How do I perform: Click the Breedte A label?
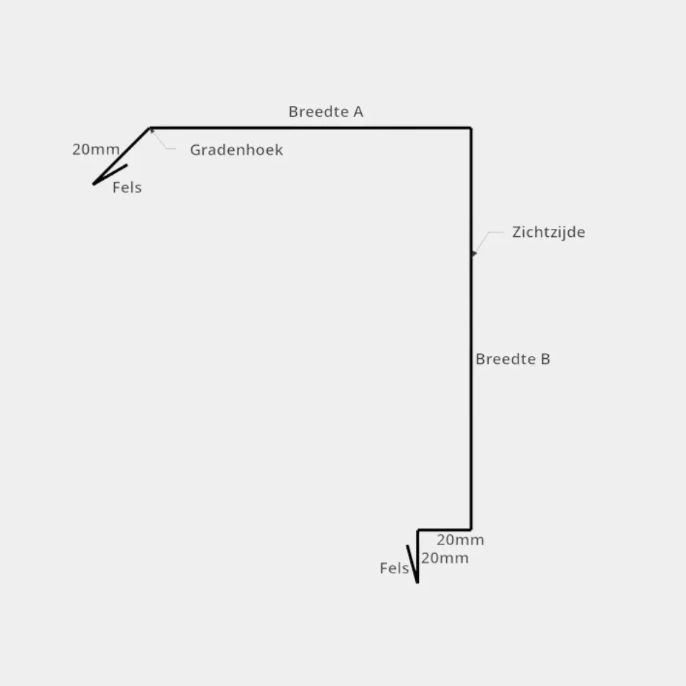pyautogui.click(x=326, y=112)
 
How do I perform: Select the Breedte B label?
pyautogui.click(x=513, y=359)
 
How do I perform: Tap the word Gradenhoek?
pyautogui.click(x=236, y=150)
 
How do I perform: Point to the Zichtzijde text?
pyautogui.click(x=548, y=233)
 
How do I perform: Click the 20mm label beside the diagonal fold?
pyautogui.click(x=95, y=150)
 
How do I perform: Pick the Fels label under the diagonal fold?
pyautogui.click(x=127, y=188)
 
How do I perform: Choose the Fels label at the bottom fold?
pyautogui.click(x=394, y=568)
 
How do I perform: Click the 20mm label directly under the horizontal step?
pyautogui.click(x=445, y=558)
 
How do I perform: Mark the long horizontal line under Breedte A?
pyautogui.click(x=311, y=129)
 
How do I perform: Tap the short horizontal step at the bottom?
pyautogui.click(x=444, y=530)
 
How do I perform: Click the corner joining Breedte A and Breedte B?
pyautogui.click(x=472, y=129)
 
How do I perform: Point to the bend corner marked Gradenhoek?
pyautogui.click(x=150, y=129)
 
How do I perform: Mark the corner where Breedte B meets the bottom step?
pyautogui.click(x=472, y=530)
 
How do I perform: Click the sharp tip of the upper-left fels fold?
pyautogui.click(x=94, y=184)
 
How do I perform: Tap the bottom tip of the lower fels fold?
pyautogui.click(x=417, y=581)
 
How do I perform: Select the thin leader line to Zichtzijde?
pyautogui.click(x=485, y=239)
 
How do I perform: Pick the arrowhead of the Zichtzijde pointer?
pyautogui.click(x=474, y=253)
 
